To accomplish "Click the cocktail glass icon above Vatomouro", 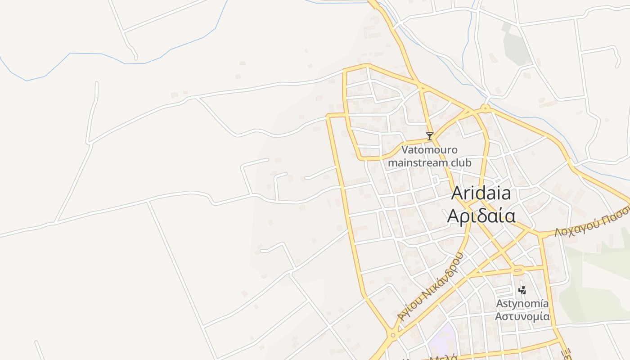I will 430,136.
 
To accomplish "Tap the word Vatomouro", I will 429,150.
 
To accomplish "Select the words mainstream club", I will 429,162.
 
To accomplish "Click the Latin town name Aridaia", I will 481,193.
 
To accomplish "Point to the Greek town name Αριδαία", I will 481,216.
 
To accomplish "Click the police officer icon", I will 522,290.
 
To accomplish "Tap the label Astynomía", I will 522,304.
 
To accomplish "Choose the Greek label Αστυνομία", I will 522,316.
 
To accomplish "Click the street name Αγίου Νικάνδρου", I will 430,287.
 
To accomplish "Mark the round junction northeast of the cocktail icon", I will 485,108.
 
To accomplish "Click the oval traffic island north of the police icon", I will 518,271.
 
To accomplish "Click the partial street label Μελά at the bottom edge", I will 443,357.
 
